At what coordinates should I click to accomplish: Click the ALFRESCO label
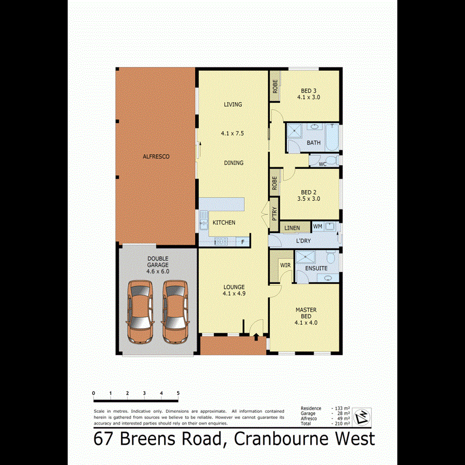tap(157, 156)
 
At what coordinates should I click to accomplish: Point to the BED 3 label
tap(307, 90)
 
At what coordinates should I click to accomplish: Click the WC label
tap(322, 164)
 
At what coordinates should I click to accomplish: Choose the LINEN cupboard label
tap(292, 228)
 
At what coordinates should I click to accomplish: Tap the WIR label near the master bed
tap(285, 265)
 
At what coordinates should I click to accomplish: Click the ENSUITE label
tap(316, 269)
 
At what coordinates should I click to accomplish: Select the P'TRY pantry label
tap(274, 213)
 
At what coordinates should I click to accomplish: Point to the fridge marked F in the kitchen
tap(242, 241)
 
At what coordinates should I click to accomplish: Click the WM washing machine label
tap(317, 226)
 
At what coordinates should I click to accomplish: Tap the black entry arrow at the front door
tap(256, 337)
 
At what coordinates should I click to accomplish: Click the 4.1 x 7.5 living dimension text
tap(232, 133)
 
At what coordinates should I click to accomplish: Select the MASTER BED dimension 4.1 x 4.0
tap(306, 322)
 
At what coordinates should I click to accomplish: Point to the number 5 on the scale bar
tap(178, 394)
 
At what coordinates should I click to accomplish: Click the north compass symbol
tap(364, 415)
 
